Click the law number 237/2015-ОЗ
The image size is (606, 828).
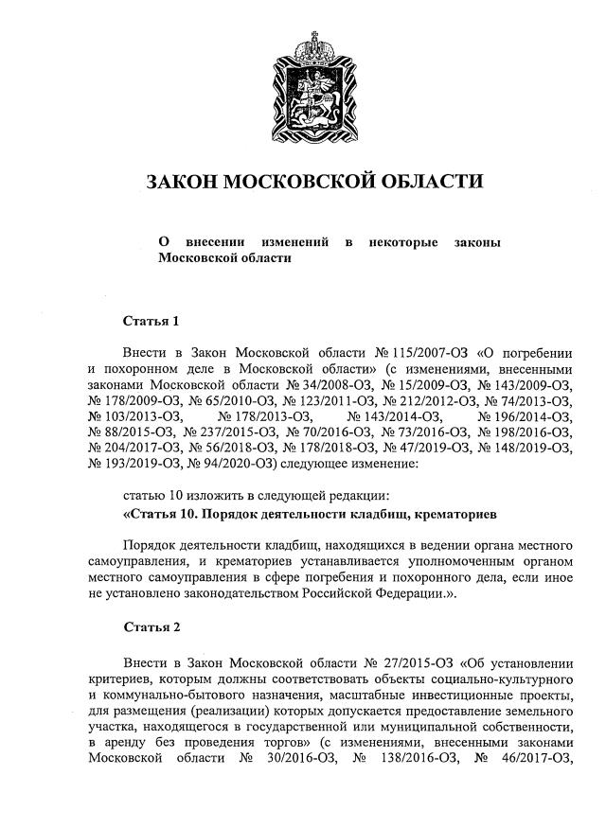pyautogui.click(x=222, y=434)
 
